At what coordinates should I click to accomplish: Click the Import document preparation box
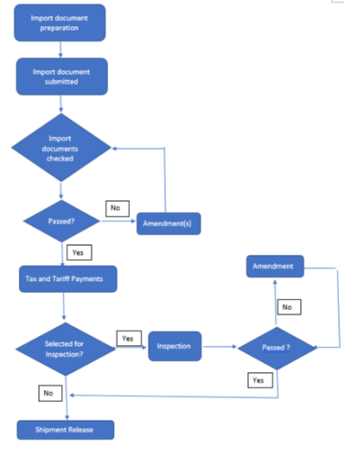59,23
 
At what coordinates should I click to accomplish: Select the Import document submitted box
62,77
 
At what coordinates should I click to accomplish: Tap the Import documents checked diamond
61,147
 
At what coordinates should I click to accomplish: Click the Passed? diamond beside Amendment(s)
62,221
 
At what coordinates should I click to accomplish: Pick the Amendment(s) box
169,224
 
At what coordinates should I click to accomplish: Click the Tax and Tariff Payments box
68,279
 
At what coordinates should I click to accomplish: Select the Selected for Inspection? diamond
65,349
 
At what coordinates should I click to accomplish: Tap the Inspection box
175,346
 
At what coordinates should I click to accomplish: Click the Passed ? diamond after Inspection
277,348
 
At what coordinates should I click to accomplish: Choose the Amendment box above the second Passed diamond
275,266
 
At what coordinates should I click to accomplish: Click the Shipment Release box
66,430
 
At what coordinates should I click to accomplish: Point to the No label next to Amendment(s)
117,208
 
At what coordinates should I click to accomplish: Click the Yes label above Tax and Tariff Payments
80,252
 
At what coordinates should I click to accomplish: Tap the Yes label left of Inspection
129,339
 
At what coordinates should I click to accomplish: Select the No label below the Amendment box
289,307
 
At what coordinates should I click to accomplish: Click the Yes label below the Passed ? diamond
260,380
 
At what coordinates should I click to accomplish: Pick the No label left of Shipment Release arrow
50,393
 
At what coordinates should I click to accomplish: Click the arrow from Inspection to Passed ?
220,347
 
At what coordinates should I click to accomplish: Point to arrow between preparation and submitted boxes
61,50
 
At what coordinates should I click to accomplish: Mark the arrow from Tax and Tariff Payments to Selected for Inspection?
63,306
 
